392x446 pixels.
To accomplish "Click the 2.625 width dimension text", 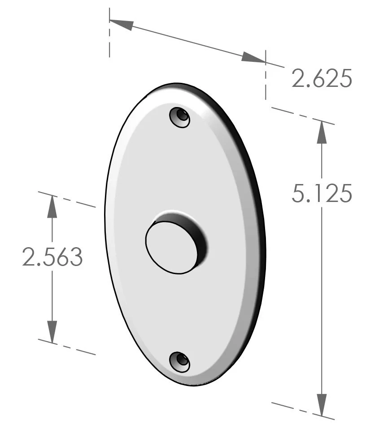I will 322,79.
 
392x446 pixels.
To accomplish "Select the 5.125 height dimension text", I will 322,194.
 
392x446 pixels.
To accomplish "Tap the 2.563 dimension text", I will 52,257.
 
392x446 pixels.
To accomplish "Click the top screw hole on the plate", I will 180,117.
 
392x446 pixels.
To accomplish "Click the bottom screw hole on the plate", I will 180,361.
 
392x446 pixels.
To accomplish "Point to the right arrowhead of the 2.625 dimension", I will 253,57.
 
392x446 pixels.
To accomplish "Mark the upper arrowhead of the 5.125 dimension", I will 322,133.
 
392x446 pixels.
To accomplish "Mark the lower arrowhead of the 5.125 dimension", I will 322,405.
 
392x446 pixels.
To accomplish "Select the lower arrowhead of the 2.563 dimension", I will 52,331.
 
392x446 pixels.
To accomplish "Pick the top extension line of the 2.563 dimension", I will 67,200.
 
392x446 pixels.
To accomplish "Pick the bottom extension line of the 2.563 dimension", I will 67,347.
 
